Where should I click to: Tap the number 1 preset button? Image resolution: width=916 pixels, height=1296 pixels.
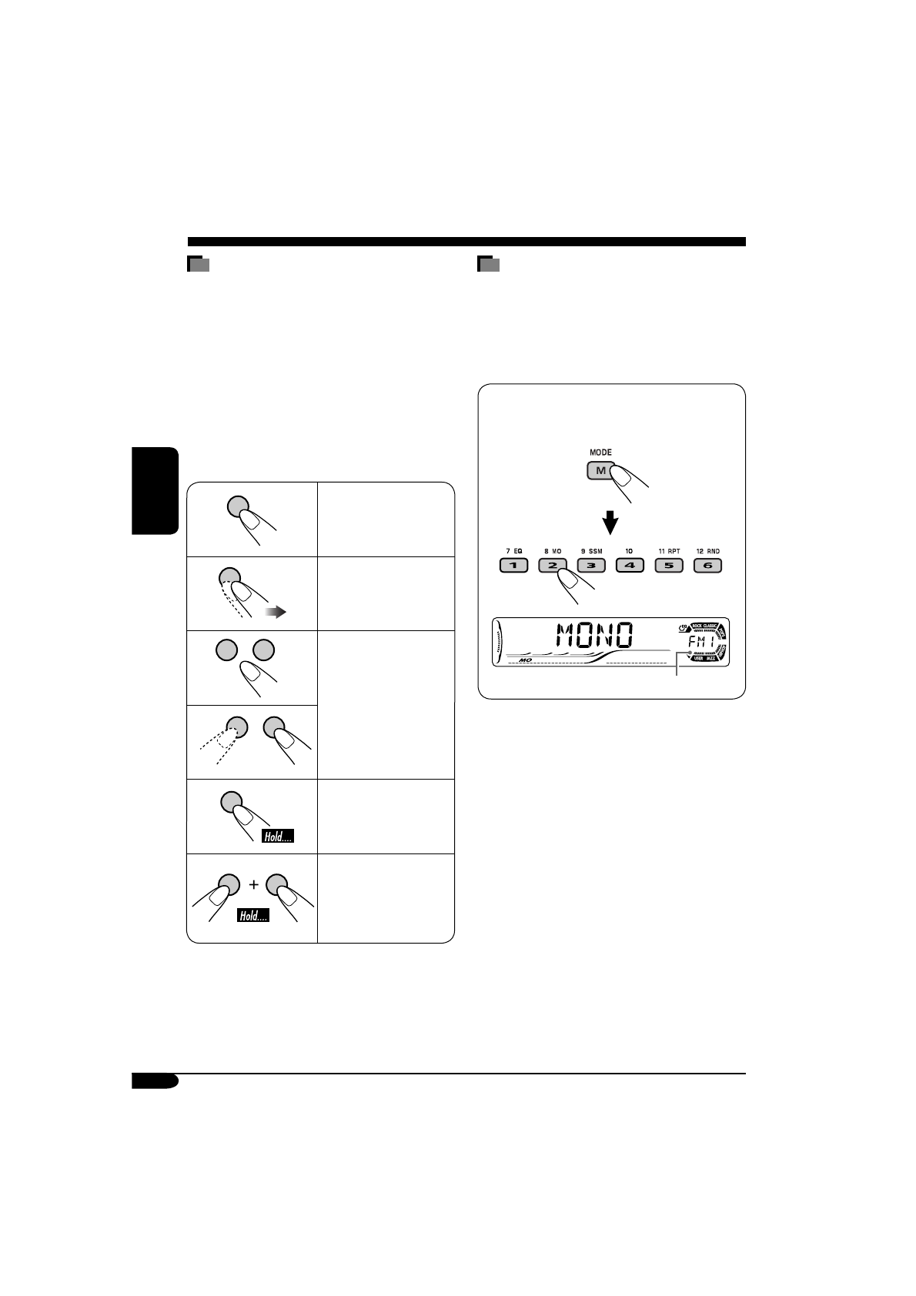click(513, 566)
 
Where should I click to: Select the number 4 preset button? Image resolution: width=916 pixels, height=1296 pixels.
click(630, 566)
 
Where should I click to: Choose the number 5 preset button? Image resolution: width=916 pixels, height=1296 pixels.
click(668, 566)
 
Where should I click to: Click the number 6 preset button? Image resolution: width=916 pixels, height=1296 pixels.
click(707, 566)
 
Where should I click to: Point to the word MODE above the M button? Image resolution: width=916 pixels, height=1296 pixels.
click(600, 453)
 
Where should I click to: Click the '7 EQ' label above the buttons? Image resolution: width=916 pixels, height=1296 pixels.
click(513, 551)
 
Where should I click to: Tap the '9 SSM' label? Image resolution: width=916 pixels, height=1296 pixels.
click(591, 551)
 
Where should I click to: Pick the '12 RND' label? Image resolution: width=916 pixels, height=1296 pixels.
click(707, 551)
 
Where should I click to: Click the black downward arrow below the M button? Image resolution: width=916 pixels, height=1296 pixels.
click(610, 523)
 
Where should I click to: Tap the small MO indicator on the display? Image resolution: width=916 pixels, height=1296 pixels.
click(527, 660)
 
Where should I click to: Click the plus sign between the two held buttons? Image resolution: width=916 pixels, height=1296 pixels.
click(253, 885)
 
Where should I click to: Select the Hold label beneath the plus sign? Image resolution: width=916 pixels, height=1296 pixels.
click(253, 916)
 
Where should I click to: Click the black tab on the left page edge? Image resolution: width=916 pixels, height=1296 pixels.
click(155, 491)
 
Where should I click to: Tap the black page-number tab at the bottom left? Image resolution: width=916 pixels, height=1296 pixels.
click(155, 1081)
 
